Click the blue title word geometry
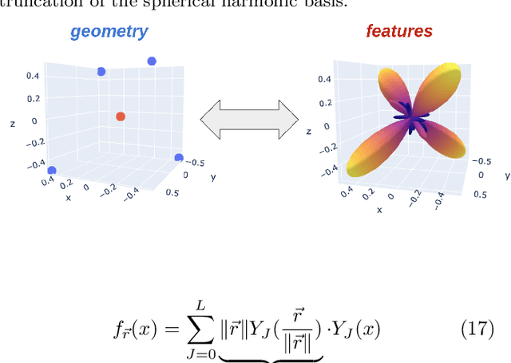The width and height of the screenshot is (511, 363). (109, 32)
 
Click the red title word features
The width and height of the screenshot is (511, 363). (399, 32)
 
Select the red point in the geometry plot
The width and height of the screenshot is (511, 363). (121, 116)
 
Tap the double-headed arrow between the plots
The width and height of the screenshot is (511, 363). (248, 120)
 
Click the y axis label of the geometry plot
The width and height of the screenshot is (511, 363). (212, 178)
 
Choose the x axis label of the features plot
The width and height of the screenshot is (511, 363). (379, 211)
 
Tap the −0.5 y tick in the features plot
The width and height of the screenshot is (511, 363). (481, 160)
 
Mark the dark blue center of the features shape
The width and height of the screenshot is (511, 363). (410, 120)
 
